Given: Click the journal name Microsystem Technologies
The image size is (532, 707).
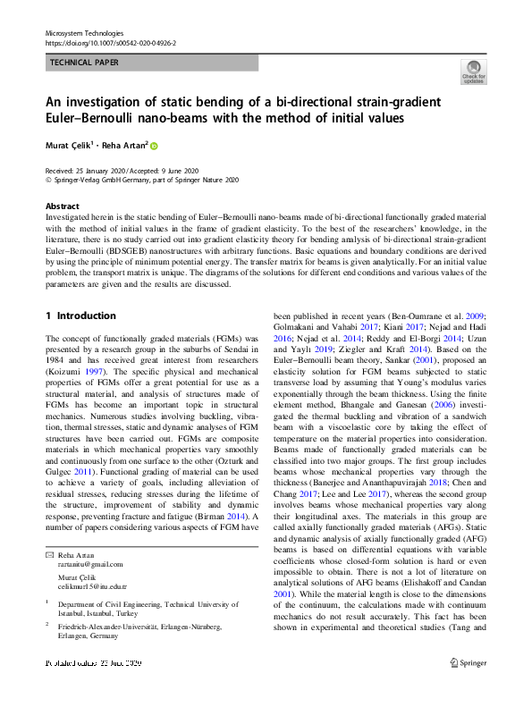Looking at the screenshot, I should coord(83,32).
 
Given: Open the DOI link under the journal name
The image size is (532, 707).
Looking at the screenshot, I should coord(110,42).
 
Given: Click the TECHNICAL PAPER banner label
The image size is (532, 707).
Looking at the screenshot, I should coord(84,63).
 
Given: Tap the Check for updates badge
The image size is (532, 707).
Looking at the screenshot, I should coord(474,72).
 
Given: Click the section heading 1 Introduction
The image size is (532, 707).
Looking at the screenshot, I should coord(80,316).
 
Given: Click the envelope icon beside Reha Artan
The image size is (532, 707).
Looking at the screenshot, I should coord(49,530).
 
